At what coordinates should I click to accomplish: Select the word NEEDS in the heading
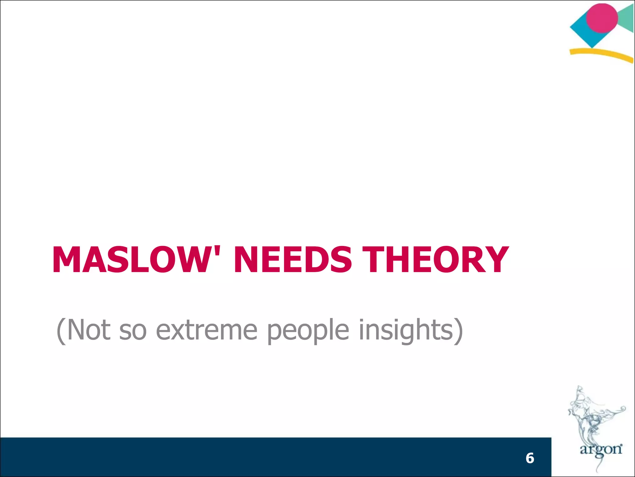(293, 260)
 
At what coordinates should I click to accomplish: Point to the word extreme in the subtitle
(206, 330)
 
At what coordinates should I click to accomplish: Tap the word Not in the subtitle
(88, 330)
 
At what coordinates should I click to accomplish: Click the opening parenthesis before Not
(61, 330)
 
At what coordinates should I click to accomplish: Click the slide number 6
(530, 458)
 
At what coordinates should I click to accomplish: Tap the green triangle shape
(626, 19)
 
